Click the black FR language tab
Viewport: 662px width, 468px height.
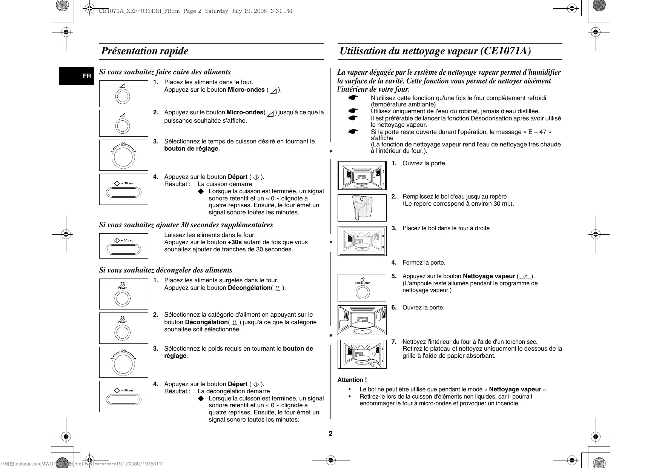coord(77,76)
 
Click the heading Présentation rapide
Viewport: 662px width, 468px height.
coord(145,51)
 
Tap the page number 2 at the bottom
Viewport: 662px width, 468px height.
coord(330,434)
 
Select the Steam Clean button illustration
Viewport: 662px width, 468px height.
coord(362,288)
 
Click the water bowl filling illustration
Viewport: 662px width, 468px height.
coord(362,208)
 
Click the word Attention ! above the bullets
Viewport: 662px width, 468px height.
coord(352,380)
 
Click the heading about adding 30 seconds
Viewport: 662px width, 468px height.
coord(186,225)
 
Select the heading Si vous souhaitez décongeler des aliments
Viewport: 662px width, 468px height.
coord(166,270)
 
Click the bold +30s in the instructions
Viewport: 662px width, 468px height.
coord(235,242)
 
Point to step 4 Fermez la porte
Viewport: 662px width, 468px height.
coord(424,263)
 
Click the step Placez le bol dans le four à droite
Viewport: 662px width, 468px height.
coord(446,228)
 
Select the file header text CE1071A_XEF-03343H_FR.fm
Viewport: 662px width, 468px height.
coord(139,11)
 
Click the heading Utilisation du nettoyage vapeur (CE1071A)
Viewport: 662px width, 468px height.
coord(435,51)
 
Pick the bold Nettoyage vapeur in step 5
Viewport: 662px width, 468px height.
coord(488,276)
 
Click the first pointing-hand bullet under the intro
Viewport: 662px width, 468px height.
coord(353,98)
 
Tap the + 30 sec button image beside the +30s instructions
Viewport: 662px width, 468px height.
coord(124,246)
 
